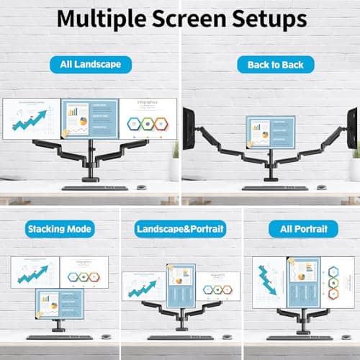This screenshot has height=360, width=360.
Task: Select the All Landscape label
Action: coord(90,65)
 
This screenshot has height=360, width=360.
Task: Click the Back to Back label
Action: coord(270,65)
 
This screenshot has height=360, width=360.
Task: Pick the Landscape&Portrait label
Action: coord(180,230)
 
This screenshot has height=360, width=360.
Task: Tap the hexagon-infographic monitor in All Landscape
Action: coord(147,119)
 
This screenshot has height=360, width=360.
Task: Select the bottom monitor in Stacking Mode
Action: coord(59,305)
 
